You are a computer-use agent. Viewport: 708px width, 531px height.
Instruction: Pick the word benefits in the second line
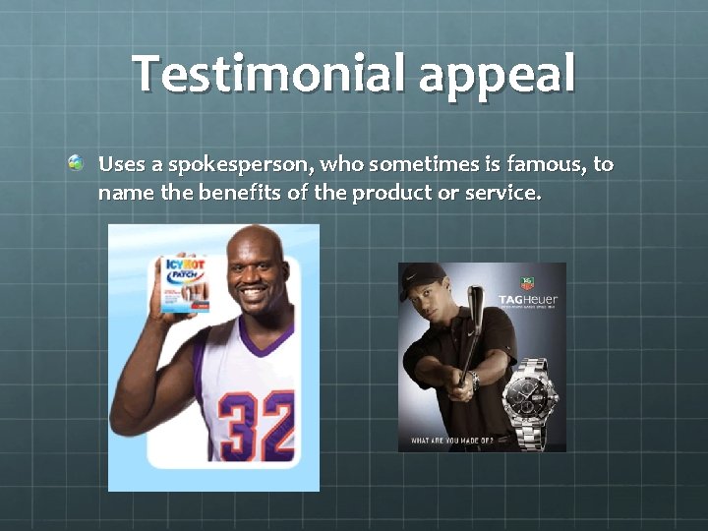coord(240,192)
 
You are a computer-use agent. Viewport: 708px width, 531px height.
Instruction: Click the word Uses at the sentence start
coord(121,163)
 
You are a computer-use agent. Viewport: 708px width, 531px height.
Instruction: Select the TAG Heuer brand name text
coord(528,299)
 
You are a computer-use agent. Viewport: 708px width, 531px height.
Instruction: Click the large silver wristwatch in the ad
coord(531,403)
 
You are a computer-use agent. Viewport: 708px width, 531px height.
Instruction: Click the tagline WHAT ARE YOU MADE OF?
coord(451,440)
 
